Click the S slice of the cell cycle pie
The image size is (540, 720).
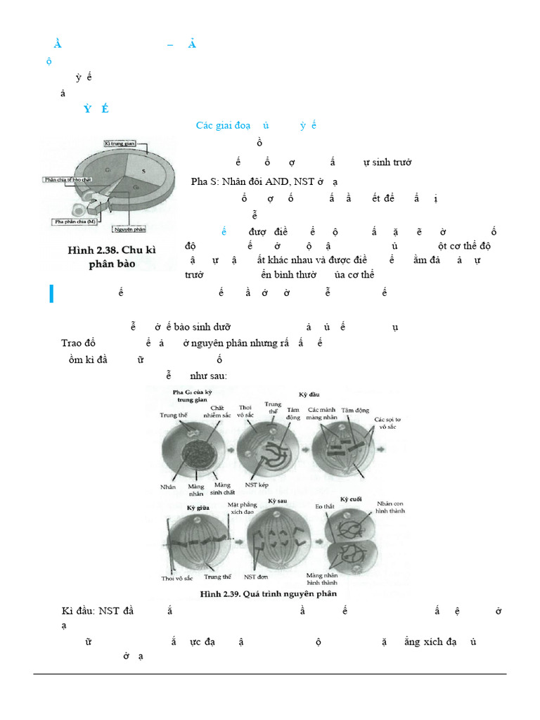pos(144,171)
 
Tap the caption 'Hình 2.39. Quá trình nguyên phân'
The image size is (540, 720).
pos(269,593)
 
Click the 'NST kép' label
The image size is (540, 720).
pos(257,484)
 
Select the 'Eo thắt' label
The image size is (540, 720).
pos(324,506)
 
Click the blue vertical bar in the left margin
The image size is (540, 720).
pos(51,294)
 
